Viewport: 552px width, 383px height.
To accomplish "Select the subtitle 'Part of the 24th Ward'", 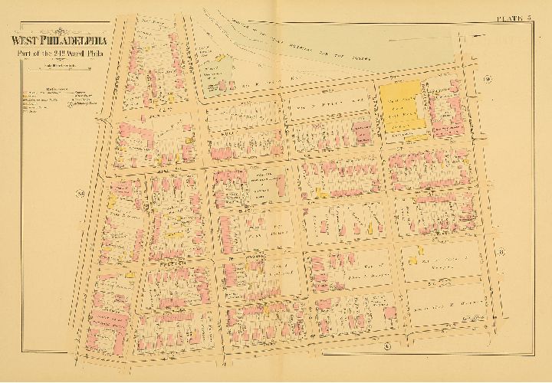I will pyautogui.click(x=58, y=54).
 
